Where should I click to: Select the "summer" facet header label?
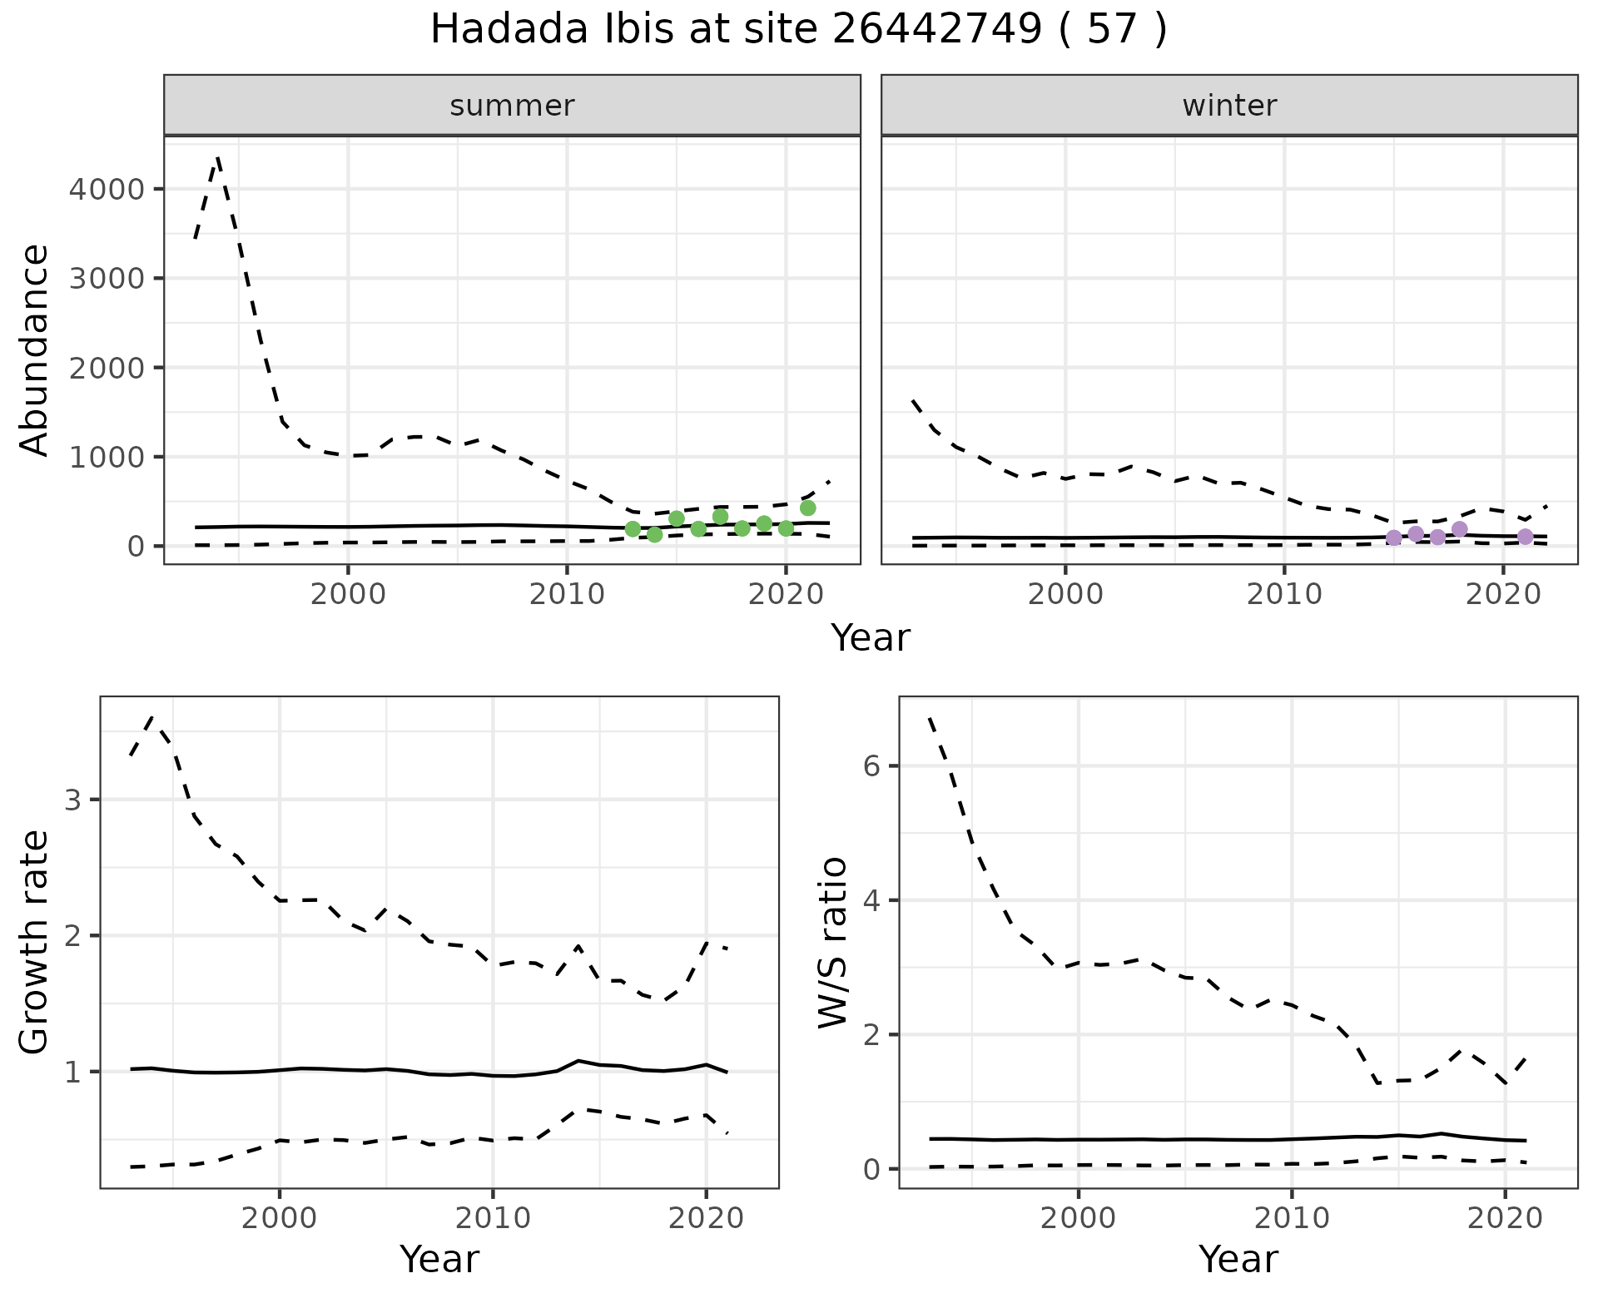512,106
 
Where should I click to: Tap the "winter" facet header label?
1229,106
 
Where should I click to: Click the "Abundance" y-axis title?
35,349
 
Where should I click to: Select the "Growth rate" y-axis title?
35,943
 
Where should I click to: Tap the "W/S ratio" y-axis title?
833,943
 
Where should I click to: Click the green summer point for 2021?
807,508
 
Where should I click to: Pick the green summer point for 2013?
633,529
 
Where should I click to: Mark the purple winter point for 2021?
1525,537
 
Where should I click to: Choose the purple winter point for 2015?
1394,538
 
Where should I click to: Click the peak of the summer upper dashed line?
217,156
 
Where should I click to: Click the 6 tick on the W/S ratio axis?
871,766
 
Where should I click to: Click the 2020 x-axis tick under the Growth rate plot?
705,1219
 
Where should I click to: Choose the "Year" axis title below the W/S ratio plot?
1238,1259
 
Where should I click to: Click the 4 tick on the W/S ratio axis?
871,901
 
